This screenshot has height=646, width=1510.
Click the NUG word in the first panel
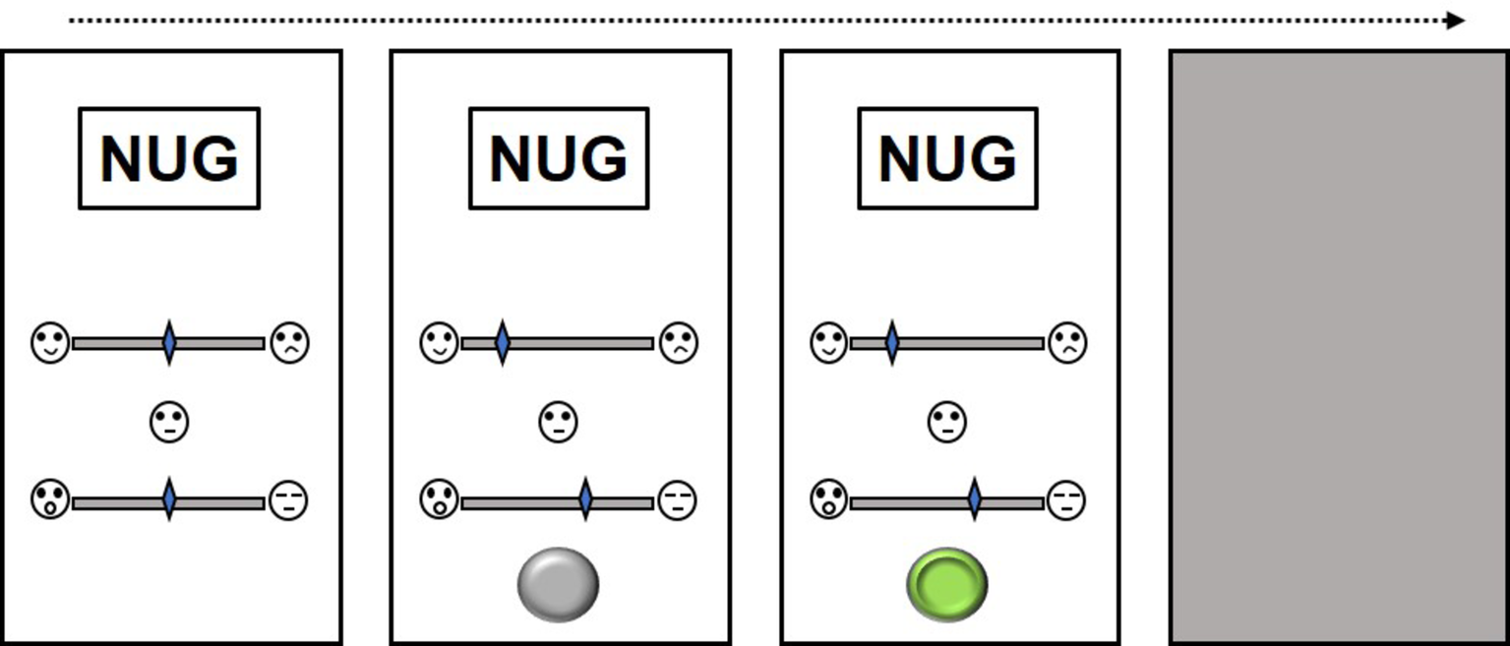coord(169,158)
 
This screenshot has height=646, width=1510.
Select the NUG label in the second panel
coord(559,158)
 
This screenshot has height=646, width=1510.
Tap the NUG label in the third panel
coord(947,158)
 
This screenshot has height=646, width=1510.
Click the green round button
coord(947,584)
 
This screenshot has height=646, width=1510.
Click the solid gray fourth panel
coord(1338,346)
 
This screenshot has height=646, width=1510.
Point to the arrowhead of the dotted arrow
coord(1457,21)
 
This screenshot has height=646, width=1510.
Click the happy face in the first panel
coord(50,343)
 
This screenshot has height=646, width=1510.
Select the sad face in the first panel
coord(289,343)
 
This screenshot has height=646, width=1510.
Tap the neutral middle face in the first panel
coord(169,423)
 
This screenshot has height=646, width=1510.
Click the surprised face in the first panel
coord(50,499)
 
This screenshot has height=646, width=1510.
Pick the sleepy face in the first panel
coord(288,500)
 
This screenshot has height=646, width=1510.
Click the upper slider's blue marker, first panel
coord(169,343)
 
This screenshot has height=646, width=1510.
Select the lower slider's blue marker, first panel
coord(169,499)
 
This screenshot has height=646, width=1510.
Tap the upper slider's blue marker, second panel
coord(502,343)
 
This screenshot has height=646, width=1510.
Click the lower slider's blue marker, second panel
coord(585,499)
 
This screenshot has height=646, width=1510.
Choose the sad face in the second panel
coord(679,343)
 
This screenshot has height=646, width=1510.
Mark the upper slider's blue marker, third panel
coord(891,343)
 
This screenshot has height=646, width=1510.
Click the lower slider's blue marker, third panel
coord(974,499)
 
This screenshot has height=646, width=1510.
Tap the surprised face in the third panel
coord(829,499)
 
